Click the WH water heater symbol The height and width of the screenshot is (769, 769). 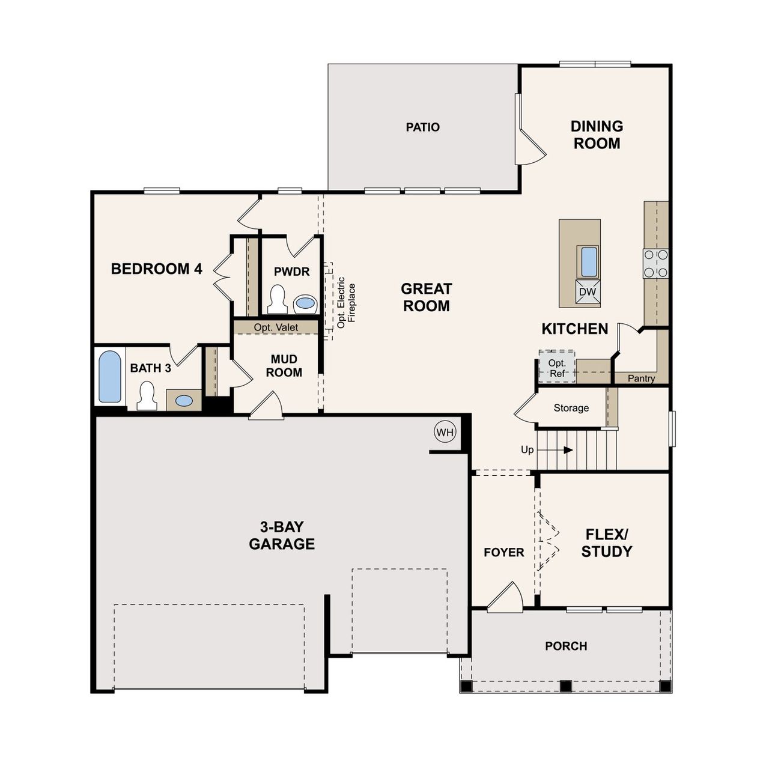click(445, 432)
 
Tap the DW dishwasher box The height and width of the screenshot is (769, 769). click(588, 292)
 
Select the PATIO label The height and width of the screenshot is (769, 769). click(422, 127)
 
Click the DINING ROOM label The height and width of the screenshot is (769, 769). click(597, 135)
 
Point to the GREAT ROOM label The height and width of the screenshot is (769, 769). click(426, 297)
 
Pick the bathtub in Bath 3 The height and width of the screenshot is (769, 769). click(110, 377)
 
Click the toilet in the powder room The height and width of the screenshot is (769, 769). click(276, 300)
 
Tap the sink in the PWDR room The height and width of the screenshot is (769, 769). click(305, 303)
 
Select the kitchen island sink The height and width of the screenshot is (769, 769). click(588, 261)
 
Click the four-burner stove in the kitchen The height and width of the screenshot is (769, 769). click(655, 264)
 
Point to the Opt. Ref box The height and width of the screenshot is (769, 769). click(557, 368)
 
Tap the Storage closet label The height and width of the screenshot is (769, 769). click(571, 408)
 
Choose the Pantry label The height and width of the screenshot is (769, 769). click(641, 378)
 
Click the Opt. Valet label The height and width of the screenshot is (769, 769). click(276, 327)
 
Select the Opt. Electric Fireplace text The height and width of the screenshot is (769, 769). click(346, 302)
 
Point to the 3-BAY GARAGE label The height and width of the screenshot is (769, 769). click(282, 535)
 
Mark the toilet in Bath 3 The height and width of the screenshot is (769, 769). click(147, 397)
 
